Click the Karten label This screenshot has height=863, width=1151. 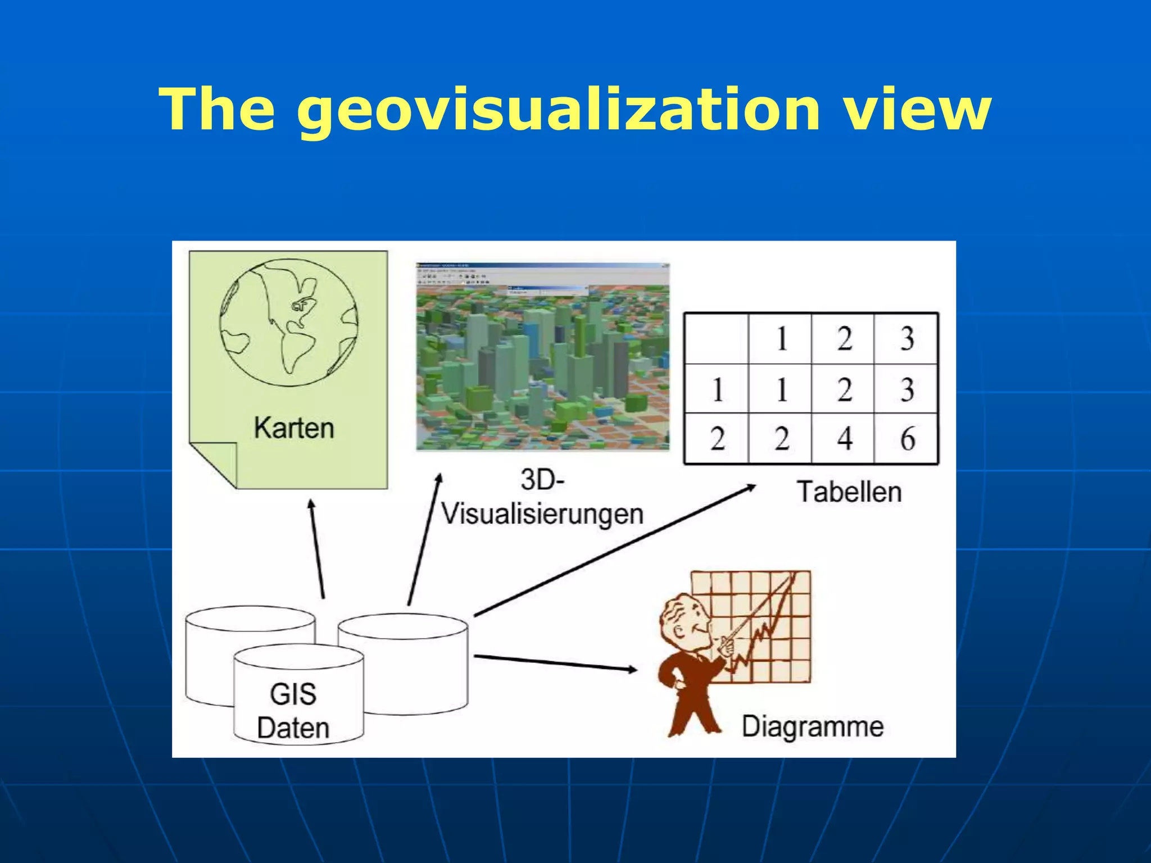(293, 428)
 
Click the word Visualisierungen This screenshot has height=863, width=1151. (542, 514)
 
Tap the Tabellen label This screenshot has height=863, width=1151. (849, 492)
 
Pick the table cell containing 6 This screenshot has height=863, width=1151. (907, 439)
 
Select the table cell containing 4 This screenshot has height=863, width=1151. (843, 439)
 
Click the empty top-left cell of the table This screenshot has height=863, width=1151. (717, 339)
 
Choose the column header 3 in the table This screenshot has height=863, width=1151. (907, 339)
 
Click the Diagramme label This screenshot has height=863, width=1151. (812, 726)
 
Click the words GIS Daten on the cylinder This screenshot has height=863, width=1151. (293, 711)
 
